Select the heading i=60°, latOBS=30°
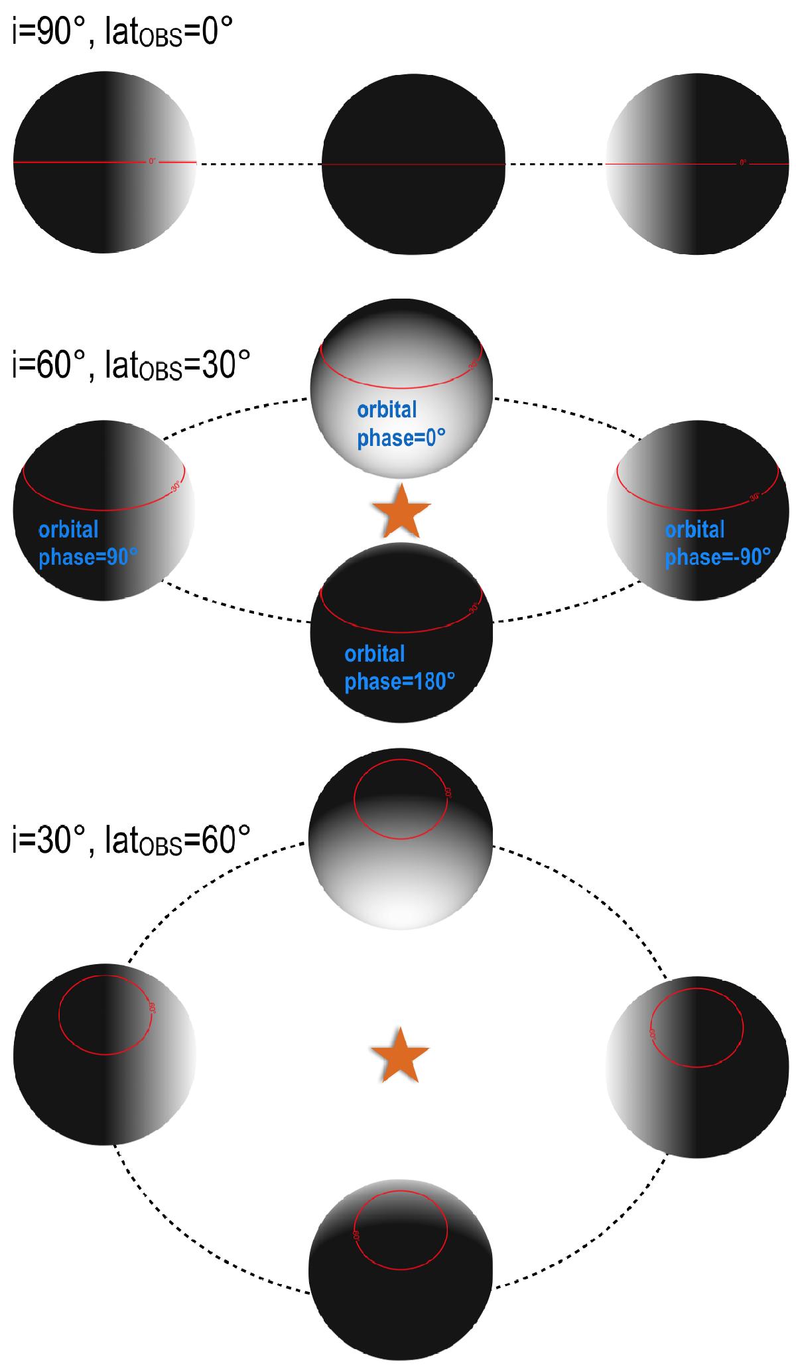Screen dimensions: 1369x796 pos(131,366)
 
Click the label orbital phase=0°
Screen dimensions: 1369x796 pos(401,424)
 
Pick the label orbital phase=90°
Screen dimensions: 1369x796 pos(88,543)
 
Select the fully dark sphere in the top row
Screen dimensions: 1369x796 pos(413,163)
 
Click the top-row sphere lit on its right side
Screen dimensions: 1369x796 pos(105,163)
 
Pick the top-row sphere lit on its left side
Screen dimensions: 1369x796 pos(697,163)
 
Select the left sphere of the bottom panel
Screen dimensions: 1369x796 pos(105,1054)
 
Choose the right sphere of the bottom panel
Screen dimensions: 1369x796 pos(697,1067)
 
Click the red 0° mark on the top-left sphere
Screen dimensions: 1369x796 pos(152,161)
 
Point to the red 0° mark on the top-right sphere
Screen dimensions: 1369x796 pos(743,162)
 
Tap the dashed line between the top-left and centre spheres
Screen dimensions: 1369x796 pos(260,163)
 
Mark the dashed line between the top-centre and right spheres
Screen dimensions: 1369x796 pos(556,163)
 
